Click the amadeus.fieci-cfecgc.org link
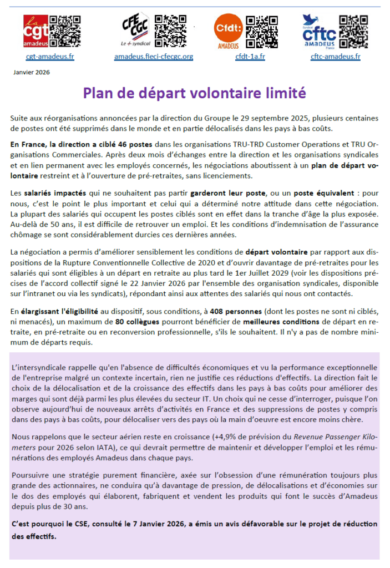(x=154, y=56)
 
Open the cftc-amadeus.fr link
(x=336, y=56)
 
